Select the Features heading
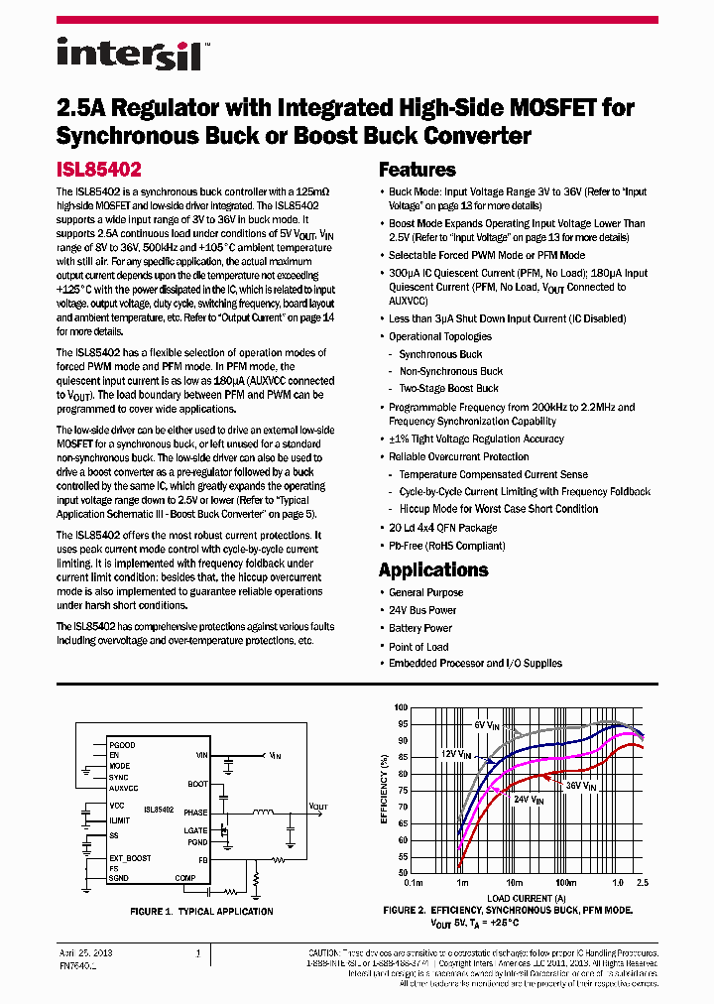pyautogui.click(x=416, y=170)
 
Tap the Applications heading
pyautogui.click(x=433, y=569)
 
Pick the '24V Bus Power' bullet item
pyautogui.click(x=422, y=610)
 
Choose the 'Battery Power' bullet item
pyautogui.click(x=420, y=628)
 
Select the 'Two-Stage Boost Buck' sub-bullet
pyautogui.click(x=448, y=389)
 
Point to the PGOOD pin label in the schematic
pyautogui.click(x=122, y=744)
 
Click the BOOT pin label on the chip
pyautogui.click(x=197, y=784)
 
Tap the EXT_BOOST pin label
pyautogui.click(x=130, y=857)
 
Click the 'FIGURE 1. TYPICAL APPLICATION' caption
pyautogui.click(x=202, y=911)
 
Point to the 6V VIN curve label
pyautogui.click(x=486, y=725)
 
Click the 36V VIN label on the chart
pyautogui.click(x=581, y=786)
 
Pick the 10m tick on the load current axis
pyautogui.click(x=514, y=881)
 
